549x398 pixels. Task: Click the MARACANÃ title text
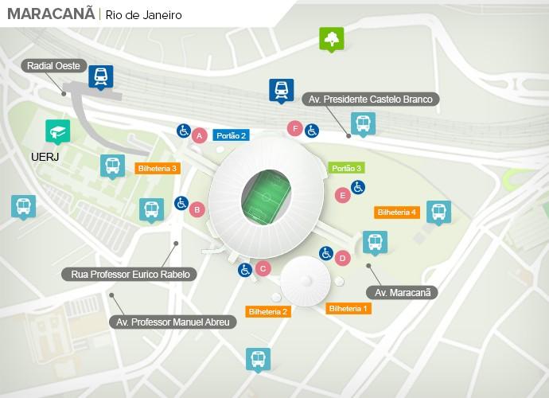50,14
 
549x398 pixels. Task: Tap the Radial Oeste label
53,66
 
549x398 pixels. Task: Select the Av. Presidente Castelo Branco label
370,99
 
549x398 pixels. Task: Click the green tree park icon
331,38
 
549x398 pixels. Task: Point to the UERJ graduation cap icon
56,130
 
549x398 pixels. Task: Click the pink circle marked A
200,135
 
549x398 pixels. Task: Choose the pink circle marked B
197,209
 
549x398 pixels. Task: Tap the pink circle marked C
263,268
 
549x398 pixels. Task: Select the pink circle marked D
343,258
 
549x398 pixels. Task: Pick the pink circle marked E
343,194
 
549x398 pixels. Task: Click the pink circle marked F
295,128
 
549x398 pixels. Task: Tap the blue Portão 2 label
232,135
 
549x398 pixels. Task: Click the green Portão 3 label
347,168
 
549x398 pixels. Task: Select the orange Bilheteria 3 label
158,168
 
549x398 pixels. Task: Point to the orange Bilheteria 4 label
396,213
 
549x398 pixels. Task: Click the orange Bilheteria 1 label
348,308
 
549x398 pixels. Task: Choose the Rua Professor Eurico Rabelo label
129,275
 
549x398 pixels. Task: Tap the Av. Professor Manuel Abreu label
173,322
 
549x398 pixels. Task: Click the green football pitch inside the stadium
266,193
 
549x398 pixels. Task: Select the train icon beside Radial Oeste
101,76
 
